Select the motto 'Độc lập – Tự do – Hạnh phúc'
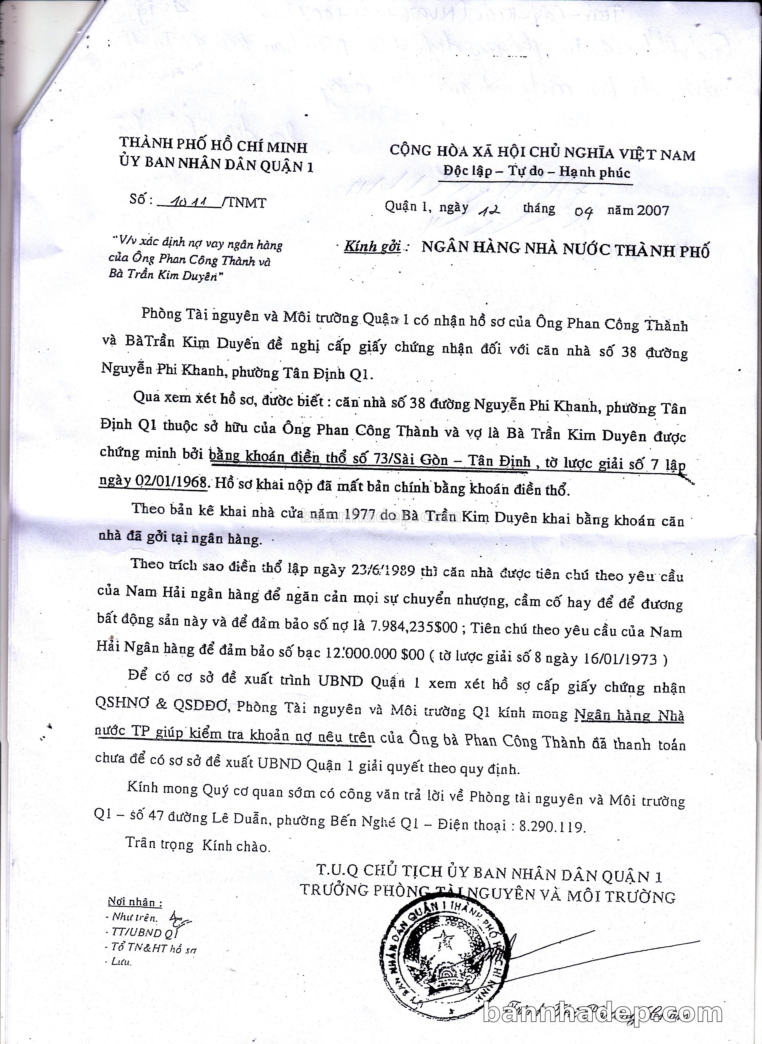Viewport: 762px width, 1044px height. pyautogui.click(x=537, y=172)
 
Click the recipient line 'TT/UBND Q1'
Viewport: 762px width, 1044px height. pyautogui.click(x=144, y=933)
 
